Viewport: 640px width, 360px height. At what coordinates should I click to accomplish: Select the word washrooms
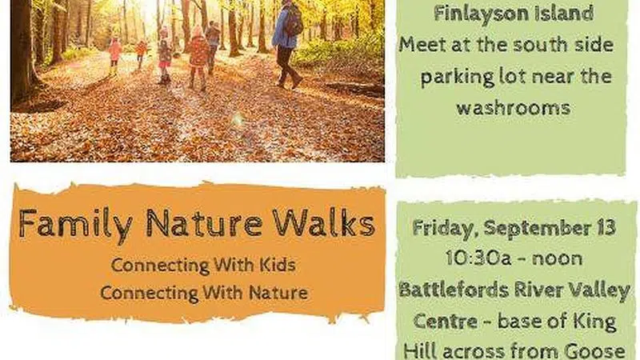coord(514,107)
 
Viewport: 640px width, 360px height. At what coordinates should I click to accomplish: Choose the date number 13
coord(606,228)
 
